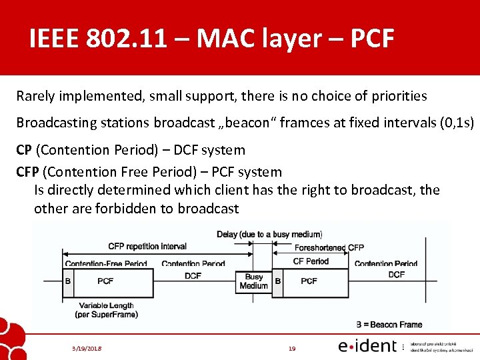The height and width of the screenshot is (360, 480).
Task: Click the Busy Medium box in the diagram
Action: coord(253,281)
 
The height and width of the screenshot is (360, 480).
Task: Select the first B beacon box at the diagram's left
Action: coord(68,281)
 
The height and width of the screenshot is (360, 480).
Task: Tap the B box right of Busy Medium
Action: coord(278,281)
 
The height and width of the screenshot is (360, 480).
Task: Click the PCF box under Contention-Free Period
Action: coord(105,281)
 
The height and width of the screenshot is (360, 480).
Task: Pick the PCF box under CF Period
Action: coord(309,281)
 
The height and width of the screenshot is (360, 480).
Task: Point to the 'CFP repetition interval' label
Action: coord(147,247)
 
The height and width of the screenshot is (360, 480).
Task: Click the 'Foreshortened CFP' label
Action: coord(329,248)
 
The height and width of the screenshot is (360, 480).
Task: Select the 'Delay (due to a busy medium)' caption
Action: coord(269,234)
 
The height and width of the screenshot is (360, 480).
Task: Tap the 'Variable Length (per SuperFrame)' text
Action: coord(106,310)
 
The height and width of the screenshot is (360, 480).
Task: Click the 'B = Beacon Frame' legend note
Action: coord(389,325)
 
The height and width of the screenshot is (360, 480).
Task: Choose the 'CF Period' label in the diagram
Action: coord(311,261)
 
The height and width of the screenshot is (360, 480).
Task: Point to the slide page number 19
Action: coord(292,348)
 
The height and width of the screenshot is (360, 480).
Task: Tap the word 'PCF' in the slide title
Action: coord(367,39)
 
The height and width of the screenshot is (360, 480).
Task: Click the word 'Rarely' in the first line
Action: coord(36,96)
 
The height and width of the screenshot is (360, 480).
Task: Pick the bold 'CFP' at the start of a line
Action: coord(27,172)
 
